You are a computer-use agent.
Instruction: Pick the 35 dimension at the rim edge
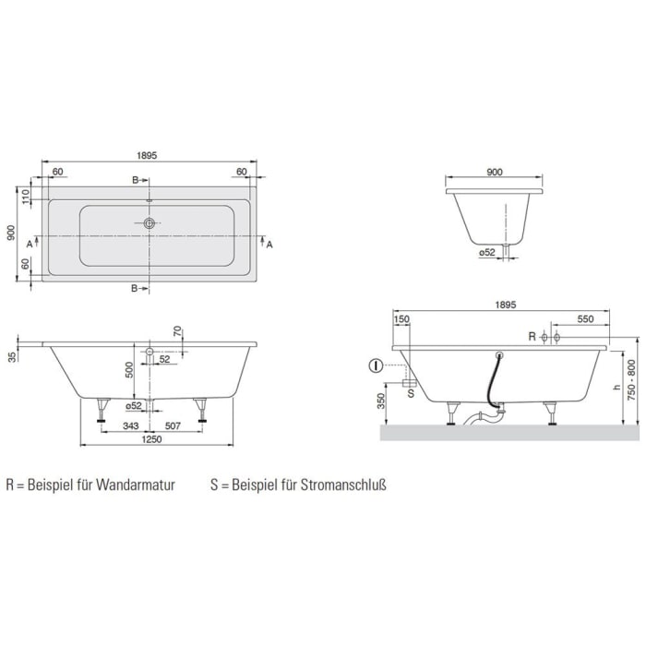pyautogui.click(x=11, y=356)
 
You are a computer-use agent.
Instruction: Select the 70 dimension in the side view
pyautogui.click(x=176, y=332)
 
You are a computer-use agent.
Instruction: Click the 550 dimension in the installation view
pyautogui.click(x=584, y=318)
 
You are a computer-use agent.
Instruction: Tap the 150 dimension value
pyautogui.click(x=401, y=318)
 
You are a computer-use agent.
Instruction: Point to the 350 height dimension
pyautogui.click(x=381, y=401)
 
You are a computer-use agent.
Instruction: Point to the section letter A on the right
pyautogui.click(x=269, y=245)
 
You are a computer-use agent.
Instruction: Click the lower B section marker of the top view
pyautogui.click(x=135, y=289)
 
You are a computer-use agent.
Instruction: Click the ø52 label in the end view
pyautogui.click(x=486, y=251)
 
